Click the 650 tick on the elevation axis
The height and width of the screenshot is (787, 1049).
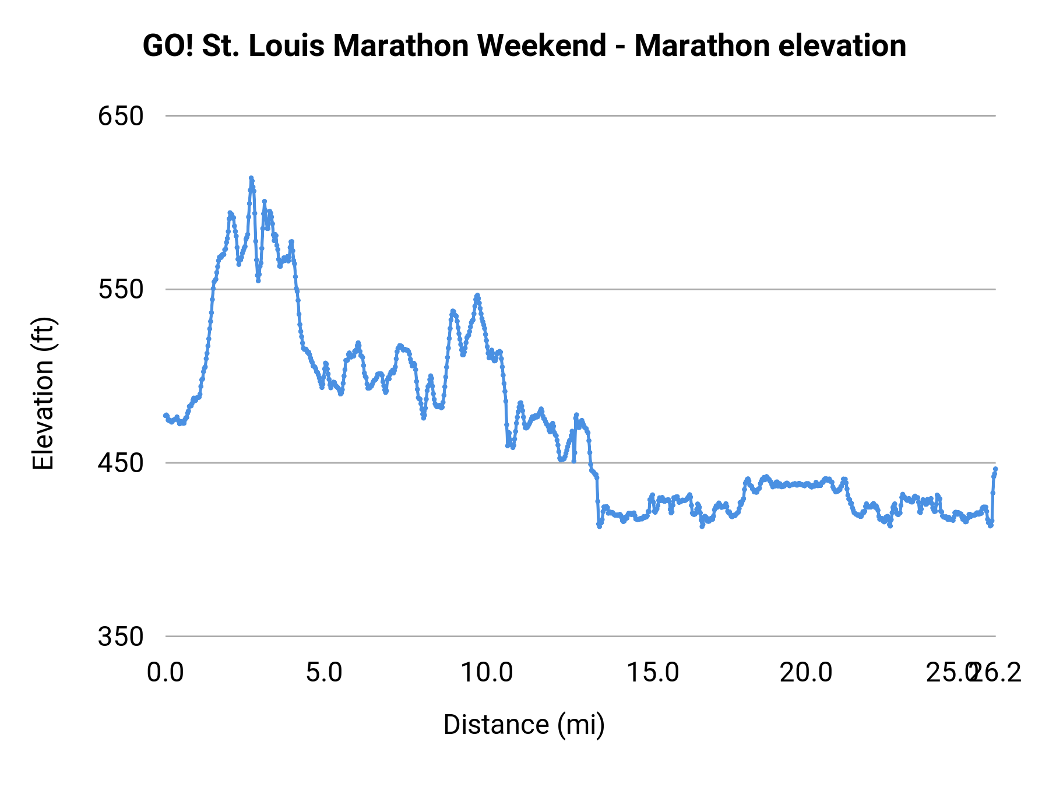tap(121, 116)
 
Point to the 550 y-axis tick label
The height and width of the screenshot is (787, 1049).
tap(121, 289)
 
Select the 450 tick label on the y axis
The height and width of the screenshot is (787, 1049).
tap(121, 463)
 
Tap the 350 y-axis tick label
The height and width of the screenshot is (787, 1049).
tap(121, 637)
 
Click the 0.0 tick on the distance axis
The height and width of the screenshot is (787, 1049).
tap(166, 673)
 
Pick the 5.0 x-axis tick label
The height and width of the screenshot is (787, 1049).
tap(324, 673)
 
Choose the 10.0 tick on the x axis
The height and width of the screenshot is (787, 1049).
tap(487, 673)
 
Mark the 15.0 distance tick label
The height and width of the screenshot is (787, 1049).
tap(653, 673)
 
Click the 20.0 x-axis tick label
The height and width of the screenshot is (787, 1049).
tap(806, 673)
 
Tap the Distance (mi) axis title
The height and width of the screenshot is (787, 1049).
tap(524, 725)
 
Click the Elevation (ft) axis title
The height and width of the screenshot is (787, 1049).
tap(43, 394)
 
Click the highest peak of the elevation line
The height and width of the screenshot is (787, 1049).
tap(251, 178)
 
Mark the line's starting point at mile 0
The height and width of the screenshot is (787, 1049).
tap(166, 415)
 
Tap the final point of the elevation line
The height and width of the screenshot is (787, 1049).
tap(995, 469)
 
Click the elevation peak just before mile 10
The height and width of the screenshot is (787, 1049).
tap(477, 296)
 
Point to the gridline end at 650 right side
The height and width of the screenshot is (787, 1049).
tap(994, 116)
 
